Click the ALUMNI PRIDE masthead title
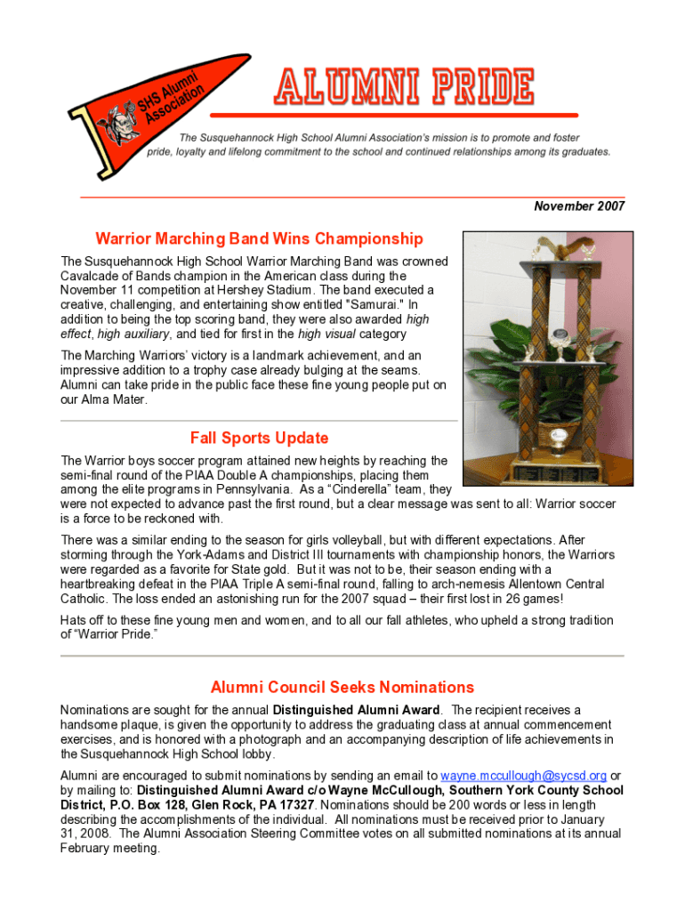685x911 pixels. (x=405, y=87)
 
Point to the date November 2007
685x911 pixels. (x=579, y=206)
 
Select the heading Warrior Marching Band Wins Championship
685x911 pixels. (x=259, y=239)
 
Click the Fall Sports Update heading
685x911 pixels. (x=259, y=438)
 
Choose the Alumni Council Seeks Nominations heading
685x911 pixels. (x=342, y=687)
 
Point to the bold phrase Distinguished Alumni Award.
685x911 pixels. (x=356, y=710)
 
